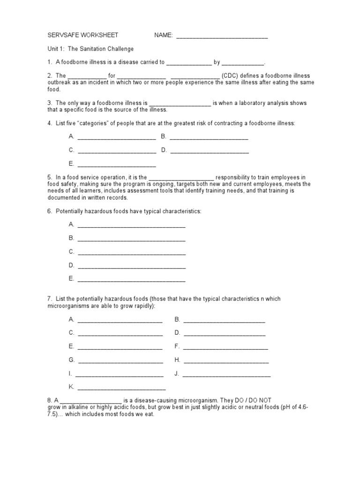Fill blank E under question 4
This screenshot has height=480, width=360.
click(116, 165)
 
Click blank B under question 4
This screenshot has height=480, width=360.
click(209, 137)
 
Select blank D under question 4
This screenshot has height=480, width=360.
click(210, 151)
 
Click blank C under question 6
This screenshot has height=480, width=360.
click(131, 253)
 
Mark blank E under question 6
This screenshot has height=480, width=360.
click(131, 280)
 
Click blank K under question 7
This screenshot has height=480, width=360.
click(121, 388)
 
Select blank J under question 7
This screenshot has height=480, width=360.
click(226, 375)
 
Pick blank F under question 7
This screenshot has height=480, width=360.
click(225, 347)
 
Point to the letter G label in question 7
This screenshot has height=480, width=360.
click(71, 360)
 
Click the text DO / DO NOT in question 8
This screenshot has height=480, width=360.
click(252, 401)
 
